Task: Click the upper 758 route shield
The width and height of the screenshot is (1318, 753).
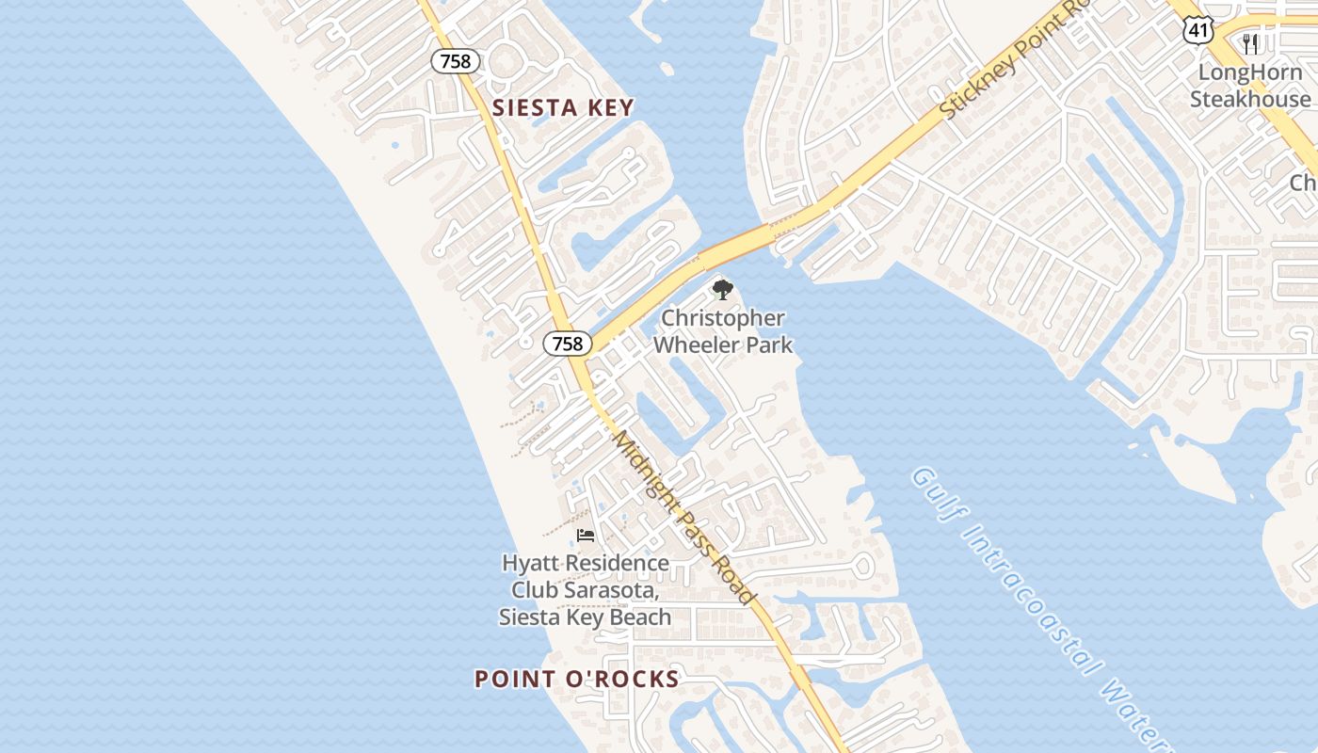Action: (x=456, y=62)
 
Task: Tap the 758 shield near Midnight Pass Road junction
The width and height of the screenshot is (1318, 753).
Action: (x=568, y=344)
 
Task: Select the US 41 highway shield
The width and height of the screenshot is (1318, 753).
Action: (x=1197, y=31)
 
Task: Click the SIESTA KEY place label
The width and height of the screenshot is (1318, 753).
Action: (x=563, y=108)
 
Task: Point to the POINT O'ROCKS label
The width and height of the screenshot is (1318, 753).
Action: (x=576, y=679)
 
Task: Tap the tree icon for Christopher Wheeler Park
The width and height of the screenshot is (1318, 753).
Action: (x=722, y=290)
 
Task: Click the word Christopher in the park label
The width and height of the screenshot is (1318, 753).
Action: (x=722, y=318)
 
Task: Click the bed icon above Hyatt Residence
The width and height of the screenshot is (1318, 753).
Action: (x=586, y=536)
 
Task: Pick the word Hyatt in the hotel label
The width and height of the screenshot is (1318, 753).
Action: (x=528, y=564)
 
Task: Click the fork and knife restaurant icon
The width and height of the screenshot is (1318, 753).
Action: (x=1250, y=43)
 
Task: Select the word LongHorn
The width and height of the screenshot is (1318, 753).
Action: (x=1250, y=72)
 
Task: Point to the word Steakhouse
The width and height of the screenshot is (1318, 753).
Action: (x=1250, y=99)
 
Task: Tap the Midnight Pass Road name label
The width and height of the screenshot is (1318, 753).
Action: (x=683, y=518)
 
